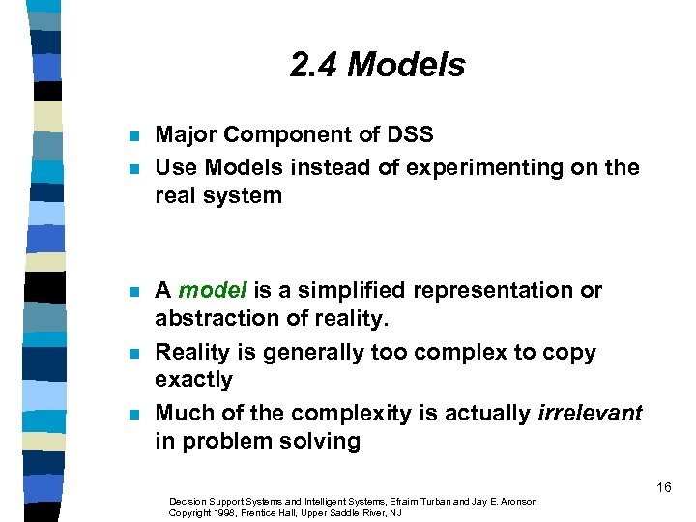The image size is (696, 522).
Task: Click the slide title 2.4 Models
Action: tap(377, 65)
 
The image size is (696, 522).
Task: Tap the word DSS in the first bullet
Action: tap(409, 135)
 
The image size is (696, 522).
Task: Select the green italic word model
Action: tap(213, 290)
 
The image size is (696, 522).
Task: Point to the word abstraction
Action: tap(212, 318)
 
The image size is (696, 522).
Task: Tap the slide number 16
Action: tap(663, 487)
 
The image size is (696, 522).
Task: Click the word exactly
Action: tap(193, 380)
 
